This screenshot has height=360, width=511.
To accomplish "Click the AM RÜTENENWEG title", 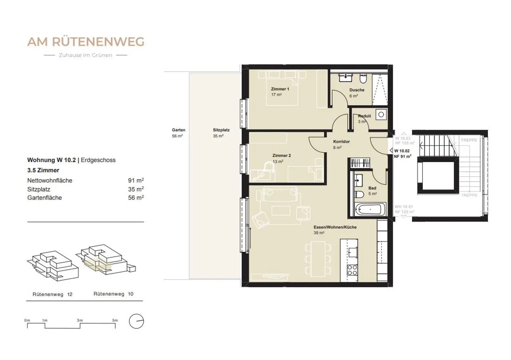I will (86, 42).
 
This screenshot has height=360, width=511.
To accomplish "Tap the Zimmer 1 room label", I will (280, 89).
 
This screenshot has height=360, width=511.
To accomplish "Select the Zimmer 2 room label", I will (281, 156).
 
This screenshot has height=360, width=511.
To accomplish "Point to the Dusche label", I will (357, 90).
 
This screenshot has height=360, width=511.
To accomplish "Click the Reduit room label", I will (364, 116).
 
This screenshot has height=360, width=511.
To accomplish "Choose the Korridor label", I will (341, 142).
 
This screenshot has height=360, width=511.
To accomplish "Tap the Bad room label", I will (372, 188).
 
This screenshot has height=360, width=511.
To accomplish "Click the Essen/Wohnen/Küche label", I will (335, 227).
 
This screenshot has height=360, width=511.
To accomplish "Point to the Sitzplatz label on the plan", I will (221, 130).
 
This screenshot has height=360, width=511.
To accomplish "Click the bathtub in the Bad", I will (370, 209).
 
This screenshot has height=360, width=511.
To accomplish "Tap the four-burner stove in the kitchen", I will (352, 270).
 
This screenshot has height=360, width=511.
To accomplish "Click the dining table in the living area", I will (318, 259).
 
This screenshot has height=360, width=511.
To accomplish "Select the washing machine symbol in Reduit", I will (381, 115).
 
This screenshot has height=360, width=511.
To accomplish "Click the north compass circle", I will (136, 321).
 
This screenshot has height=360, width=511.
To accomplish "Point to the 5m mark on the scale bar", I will (115, 320).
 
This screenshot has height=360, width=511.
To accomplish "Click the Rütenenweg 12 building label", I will (52, 294).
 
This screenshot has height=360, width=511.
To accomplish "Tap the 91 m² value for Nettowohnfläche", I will (136, 181).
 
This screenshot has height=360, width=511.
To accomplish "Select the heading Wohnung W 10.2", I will (51, 160).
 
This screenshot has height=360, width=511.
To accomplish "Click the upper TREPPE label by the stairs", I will (468, 140).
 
